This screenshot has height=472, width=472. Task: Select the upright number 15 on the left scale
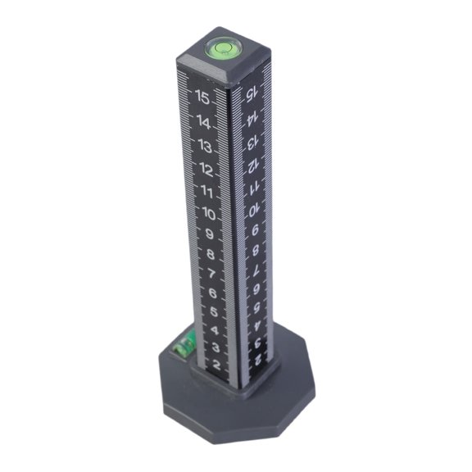[202, 96]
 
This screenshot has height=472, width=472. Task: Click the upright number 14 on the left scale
[202, 123]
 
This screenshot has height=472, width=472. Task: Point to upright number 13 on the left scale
[203, 148]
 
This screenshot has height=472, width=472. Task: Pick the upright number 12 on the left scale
[205, 172]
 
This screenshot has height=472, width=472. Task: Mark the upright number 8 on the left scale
[211, 255]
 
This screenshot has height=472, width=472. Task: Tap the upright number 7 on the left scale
[211, 274]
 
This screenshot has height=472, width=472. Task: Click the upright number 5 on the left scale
[213, 312]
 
